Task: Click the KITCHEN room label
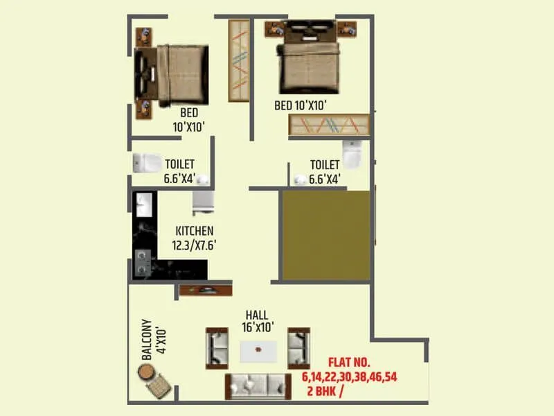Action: coord(194,231)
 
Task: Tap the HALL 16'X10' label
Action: coord(256,321)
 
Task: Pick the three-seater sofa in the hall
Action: coord(258,386)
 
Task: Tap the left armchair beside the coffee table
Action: coord(217,347)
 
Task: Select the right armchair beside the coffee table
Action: coord(299,347)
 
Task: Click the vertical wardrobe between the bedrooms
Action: coord(238,60)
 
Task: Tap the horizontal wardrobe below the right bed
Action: coord(330,125)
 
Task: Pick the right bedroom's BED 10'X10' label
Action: coord(300,105)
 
